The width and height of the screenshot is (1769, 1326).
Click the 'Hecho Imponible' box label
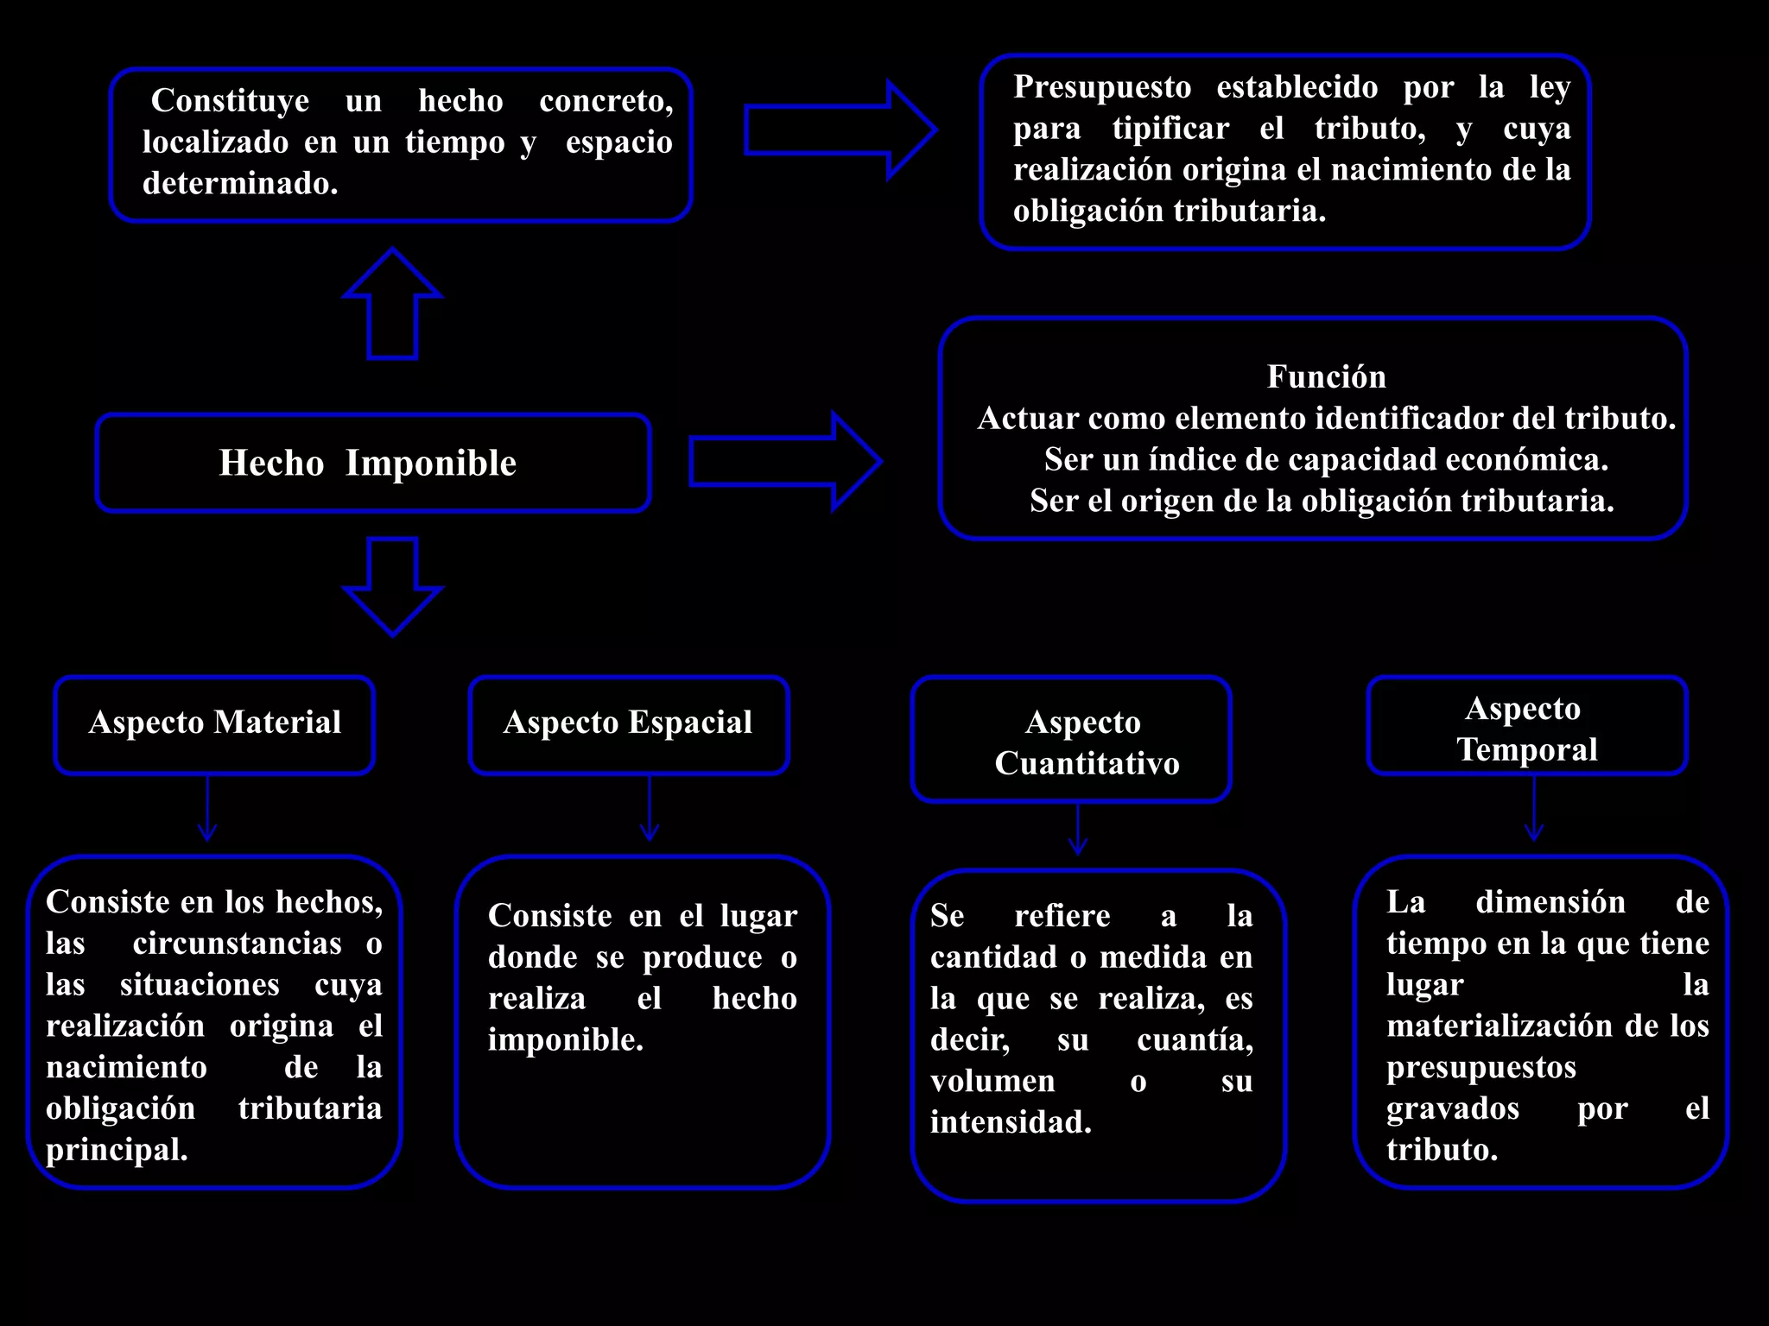pos(368,463)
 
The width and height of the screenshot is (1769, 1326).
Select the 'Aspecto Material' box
pos(214,723)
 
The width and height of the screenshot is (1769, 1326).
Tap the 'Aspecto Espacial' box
pos(628,723)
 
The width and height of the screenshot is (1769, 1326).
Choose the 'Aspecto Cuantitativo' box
pos(1071,740)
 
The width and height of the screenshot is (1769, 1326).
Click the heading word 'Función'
pos(1326,377)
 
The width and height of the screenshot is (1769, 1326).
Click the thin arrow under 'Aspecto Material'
pos(207,808)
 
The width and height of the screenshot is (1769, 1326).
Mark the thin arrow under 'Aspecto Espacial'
pos(650,808)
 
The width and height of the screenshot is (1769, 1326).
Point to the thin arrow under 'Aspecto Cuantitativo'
pos(1078,829)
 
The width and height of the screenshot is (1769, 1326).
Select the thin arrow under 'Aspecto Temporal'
pos(1534,808)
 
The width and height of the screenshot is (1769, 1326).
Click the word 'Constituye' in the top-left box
pos(230,101)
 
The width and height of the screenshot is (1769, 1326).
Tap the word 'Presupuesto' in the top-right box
pos(1102,87)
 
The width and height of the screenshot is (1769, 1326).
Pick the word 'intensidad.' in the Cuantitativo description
pos(1011,1122)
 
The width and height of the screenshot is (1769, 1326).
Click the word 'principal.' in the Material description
pos(117,1150)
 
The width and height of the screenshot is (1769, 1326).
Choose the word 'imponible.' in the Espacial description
pos(566,1039)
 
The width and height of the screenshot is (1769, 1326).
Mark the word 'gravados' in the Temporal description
pos(1453,1108)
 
